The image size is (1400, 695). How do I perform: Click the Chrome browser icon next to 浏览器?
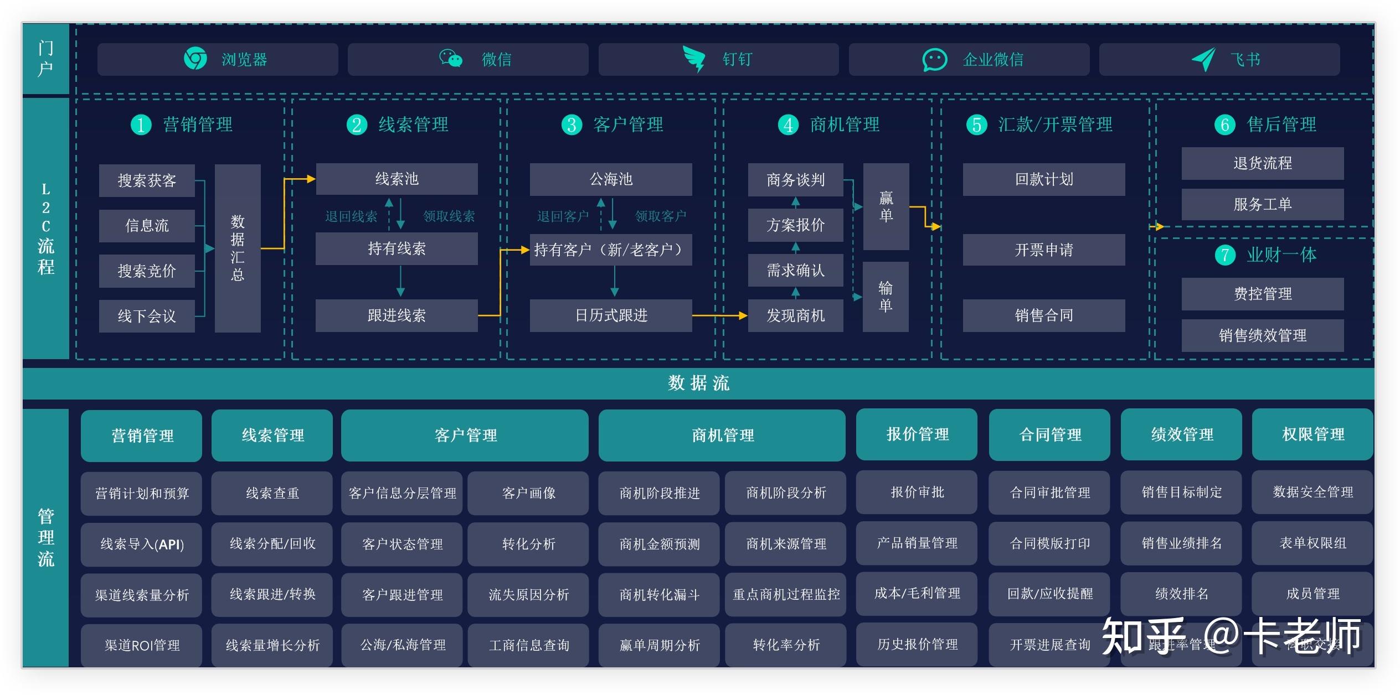[x=195, y=59]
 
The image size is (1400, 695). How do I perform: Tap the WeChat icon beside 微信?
[x=451, y=58]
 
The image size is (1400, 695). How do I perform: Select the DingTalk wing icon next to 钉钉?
[x=693, y=59]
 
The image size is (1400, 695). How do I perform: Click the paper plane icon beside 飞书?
[x=1203, y=59]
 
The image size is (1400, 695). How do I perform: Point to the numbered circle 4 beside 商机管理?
[x=788, y=125]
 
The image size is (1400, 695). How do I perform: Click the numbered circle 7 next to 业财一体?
[x=1225, y=255]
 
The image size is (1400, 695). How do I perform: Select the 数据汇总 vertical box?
[x=238, y=248]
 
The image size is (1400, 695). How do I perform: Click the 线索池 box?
[x=397, y=179]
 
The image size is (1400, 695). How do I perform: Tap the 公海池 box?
[x=611, y=179]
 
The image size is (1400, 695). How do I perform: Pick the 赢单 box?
[x=886, y=206]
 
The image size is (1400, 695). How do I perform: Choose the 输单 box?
[x=886, y=297]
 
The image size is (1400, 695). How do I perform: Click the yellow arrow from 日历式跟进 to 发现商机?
[x=719, y=315]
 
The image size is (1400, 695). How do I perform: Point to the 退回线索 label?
[x=351, y=216]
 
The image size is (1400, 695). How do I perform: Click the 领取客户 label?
[x=660, y=216]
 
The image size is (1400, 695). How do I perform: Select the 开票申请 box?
[x=1044, y=250]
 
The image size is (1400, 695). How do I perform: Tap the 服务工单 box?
[x=1262, y=204]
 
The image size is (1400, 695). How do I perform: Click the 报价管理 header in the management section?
[x=917, y=434]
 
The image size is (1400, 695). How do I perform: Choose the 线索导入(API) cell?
[x=142, y=544]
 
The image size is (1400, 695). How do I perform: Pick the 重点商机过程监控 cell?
[x=786, y=594]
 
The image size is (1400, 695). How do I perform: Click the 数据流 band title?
[x=698, y=383]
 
